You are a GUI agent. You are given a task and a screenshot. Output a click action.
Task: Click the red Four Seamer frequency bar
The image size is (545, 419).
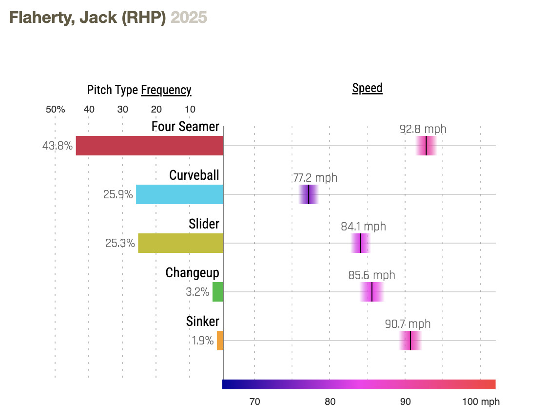149,146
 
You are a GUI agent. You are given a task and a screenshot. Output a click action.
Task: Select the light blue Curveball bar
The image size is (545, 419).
179,194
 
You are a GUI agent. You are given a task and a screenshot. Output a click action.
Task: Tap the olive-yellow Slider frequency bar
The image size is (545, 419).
180,243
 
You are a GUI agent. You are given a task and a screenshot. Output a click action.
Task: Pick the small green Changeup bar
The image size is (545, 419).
217,292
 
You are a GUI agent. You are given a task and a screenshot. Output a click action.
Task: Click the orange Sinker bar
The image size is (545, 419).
220,341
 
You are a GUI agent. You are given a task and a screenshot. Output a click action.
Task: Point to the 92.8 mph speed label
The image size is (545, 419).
423,129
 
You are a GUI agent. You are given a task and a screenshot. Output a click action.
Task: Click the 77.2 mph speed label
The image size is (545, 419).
315,178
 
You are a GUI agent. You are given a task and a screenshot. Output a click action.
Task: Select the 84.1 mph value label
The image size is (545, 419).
363,227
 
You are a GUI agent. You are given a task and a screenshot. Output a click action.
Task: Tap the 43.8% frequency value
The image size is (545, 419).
58,146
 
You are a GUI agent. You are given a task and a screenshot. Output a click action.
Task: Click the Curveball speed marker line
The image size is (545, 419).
309,194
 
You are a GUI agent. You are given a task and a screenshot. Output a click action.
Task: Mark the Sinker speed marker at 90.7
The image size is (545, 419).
410,341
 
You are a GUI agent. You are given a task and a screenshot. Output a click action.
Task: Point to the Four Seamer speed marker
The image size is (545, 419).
426,146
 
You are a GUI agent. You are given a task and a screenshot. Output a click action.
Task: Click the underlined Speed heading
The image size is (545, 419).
367,88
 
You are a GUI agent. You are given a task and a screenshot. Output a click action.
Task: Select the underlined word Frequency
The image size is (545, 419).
166,90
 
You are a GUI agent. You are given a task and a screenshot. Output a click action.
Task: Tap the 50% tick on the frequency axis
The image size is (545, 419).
55,109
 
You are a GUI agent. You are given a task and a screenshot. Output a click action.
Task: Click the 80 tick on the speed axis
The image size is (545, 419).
330,402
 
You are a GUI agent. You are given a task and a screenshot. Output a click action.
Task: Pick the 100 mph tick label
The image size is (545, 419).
481,402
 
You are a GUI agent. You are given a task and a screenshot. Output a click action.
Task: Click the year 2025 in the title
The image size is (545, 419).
189,18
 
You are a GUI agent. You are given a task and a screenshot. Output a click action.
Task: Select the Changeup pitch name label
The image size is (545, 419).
192,272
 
